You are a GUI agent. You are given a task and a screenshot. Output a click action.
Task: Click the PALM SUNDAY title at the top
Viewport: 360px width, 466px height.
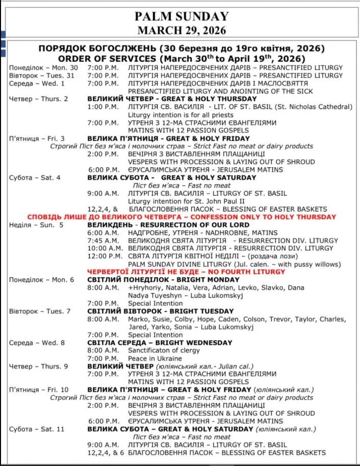point(182,17)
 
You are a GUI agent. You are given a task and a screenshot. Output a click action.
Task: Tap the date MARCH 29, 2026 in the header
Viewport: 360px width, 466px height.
point(182,30)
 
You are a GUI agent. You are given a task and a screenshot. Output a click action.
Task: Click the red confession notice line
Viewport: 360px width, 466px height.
point(182,217)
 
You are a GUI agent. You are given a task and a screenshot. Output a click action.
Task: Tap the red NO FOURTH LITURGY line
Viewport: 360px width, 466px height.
point(186,272)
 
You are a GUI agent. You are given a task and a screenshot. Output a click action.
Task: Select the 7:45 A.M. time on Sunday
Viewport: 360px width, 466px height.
point(104,240)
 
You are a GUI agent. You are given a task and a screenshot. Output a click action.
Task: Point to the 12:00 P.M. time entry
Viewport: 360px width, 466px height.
point(105,256)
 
